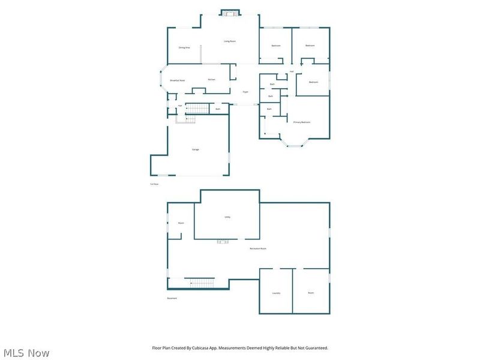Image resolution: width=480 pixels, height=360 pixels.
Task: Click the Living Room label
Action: pyautogui.click(x=230, y=41)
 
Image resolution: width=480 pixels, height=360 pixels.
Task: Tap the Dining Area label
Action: pyautogui.click(x=184, y=47)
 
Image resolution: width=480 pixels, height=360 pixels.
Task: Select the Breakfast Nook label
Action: pyautogui.click(x=177, y=80)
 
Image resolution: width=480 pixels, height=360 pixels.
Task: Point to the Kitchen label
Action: pyautogui.click(x=212, y=80)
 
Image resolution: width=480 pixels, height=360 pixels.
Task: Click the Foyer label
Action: pyautogui.click(x=245, y=92)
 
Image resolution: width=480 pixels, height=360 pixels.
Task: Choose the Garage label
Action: pyautogui.click(x=196, y=149)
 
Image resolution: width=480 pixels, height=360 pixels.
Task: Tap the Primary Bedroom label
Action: pyautogui.click(x=301, y=122)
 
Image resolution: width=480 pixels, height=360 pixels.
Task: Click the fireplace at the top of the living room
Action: pyautogui.click(x=229, y=14)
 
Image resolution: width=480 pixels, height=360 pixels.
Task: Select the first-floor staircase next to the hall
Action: pyautogui.click(x=197, y=109)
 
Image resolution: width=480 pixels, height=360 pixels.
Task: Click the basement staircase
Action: pyautogui.click(x=199, y=283)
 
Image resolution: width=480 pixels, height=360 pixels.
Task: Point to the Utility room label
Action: pyautogui.click(x=227, y=217)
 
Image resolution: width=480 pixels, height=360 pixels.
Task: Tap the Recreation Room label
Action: pyautogui.click(x=258, y=248)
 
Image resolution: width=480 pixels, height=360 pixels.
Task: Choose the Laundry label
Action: pyautogui.click(x=276, y=293)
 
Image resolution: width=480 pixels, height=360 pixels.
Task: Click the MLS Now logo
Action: pyautogui.click(x=26, y=353)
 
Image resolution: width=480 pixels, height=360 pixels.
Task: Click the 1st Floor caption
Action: pyautogui.click(x=154, y=184)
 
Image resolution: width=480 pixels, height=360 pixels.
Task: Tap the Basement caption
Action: pyautogui.click(x=172, y=298)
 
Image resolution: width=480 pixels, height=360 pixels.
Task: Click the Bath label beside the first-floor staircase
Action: pyautogui.click(x=218, y=109)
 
